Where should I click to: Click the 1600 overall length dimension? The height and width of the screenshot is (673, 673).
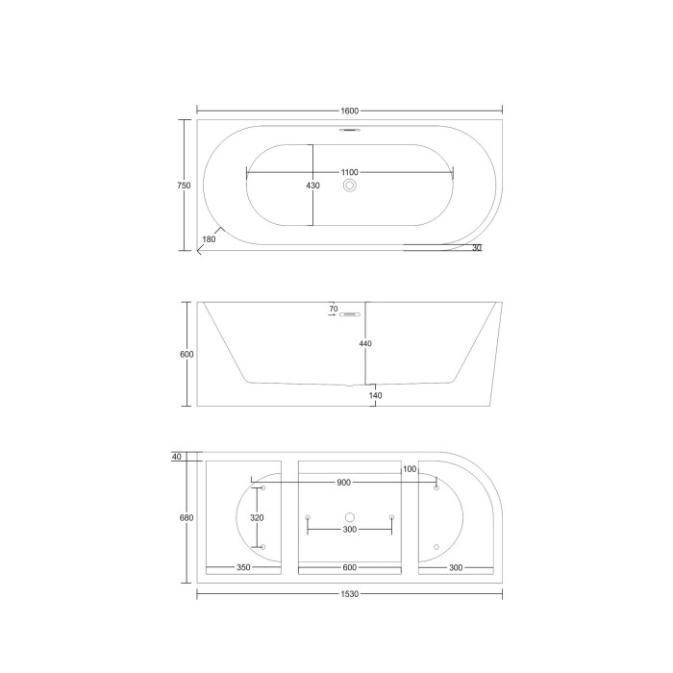[349, 111]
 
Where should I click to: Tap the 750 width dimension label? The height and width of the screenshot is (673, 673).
[184, 186]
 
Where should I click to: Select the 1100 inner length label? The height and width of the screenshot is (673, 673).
[349, 172]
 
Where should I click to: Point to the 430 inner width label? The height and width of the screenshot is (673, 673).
[312, 186]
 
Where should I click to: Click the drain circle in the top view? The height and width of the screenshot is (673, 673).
[350, 186]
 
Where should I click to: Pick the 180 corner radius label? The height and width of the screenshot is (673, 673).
[209, 239]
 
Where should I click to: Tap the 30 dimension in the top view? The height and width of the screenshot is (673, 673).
[477, 248]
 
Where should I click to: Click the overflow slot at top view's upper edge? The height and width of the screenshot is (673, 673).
[350, 129]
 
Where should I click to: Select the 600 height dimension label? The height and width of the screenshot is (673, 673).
[187, 355]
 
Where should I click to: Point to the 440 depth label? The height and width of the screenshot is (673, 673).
[365, 343]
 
